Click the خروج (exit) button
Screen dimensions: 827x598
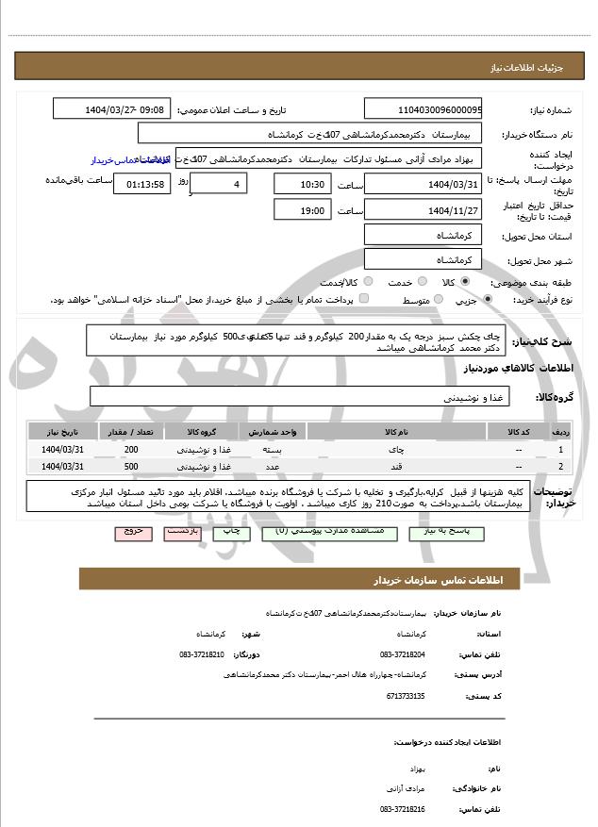[134, 532]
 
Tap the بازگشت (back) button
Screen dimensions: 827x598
[182, 532]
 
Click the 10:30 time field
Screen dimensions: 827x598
[303, 183]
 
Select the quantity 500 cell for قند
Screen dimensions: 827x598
[130, 466]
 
